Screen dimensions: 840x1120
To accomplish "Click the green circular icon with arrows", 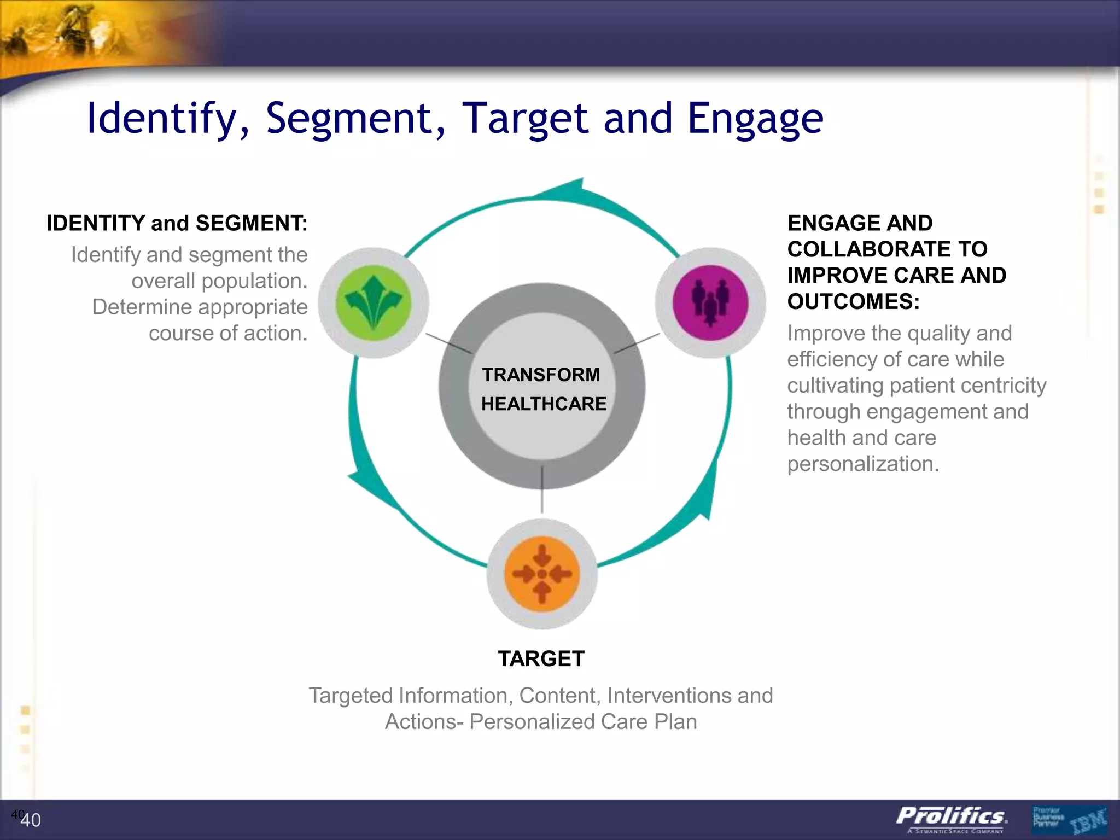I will pos(374,302).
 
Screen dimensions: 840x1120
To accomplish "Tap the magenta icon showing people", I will pos(710,302).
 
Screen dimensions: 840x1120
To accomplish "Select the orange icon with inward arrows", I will pos(541,574).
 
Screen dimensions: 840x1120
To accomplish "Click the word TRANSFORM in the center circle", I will pos(541,375).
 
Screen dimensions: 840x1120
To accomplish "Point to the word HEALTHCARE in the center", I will pos(544,404).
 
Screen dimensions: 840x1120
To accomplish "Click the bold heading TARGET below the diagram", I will pos(541,658).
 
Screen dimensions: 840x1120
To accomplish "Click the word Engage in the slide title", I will pos(755,118).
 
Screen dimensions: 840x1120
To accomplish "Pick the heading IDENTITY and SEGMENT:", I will pos(177,223).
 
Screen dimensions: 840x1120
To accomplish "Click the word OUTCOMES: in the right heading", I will pos(853,301).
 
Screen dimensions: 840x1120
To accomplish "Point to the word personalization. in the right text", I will pos(862,464).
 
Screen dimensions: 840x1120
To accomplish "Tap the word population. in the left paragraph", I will pos(219,281).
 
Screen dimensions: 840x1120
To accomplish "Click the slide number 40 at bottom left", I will pos(30,820).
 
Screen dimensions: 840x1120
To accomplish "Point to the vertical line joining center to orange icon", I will pos(542,489).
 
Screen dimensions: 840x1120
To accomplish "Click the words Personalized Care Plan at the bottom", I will pos(583,721).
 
